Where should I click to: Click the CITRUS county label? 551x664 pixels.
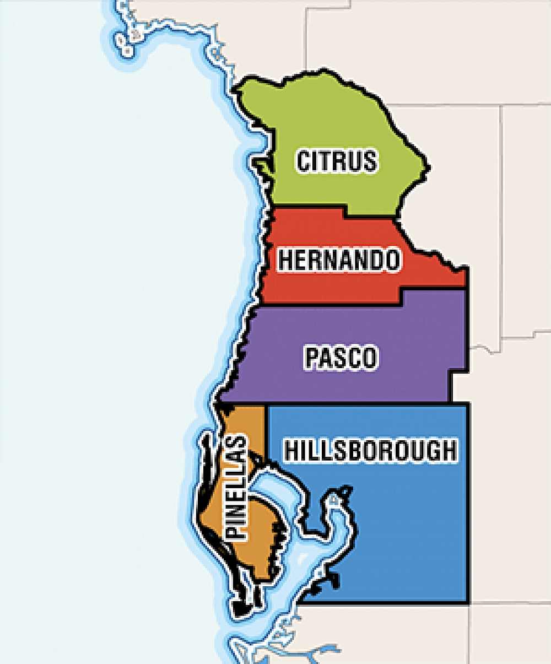coord(337,161)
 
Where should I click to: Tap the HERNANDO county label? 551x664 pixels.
coord(338,260)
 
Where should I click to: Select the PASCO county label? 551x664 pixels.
coord(342,358)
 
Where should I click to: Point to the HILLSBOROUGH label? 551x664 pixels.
coord(370,450)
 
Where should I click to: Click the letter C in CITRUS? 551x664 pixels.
coord(305,161)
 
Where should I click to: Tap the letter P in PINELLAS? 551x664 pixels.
coord(237,531)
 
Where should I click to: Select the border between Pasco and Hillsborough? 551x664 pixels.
coord(358,403)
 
